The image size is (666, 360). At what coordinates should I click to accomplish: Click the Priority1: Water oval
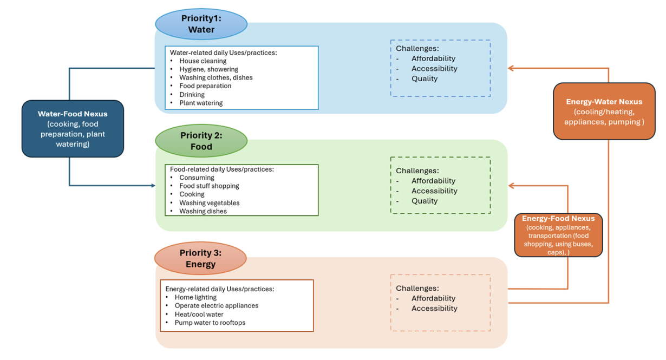[201, 24]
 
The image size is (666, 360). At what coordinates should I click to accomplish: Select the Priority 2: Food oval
[201, 141]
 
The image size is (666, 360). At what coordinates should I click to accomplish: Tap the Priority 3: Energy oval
[200, 259]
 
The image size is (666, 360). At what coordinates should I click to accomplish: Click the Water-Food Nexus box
[73, 129]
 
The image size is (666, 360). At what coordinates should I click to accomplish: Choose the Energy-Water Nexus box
[604, 112]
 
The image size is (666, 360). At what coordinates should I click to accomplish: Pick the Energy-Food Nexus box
[558, 235]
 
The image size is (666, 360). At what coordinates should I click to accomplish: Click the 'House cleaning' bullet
[203, 61]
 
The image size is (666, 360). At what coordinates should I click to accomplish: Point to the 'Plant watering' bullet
[201, 103]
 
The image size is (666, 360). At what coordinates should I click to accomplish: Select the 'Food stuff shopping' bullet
[209, 186]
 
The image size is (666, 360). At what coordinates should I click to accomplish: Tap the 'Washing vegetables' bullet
[209, 203]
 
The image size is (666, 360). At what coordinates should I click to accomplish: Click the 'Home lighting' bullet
[195, 297]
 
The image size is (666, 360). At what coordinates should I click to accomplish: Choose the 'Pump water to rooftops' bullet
[210, 323]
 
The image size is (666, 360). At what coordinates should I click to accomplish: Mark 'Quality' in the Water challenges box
[425, 78]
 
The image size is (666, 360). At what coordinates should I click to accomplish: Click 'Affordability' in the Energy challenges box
[433, 298]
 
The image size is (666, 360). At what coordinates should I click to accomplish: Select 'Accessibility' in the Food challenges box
[434, 191]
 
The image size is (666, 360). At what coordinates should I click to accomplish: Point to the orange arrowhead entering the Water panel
[511, 68]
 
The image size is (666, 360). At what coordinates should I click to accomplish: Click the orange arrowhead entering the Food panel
[511, 186]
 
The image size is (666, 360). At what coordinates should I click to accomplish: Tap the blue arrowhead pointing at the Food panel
[153, 186]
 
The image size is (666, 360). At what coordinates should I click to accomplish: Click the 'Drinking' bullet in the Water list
[192, 95]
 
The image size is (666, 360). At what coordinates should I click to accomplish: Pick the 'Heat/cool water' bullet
[199, 314]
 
